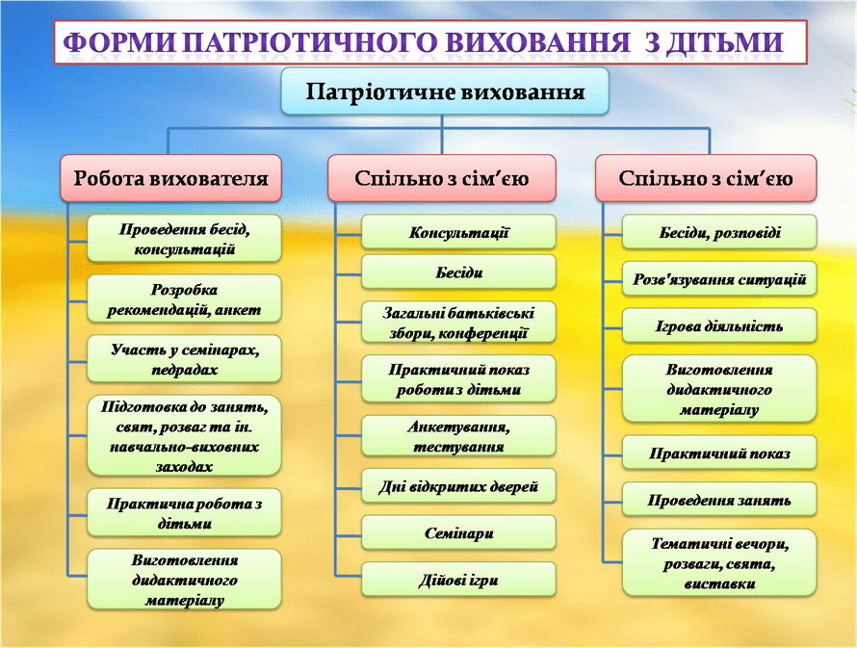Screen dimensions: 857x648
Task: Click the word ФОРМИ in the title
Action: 119,42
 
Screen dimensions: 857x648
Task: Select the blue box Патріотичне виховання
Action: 445,91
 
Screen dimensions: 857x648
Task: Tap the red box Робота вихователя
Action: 171,178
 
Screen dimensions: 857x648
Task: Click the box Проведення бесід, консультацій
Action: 184,239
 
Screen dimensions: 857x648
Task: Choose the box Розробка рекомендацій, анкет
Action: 184,298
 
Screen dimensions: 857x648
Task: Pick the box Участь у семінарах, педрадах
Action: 184,359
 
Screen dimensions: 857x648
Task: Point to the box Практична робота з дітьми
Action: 184,513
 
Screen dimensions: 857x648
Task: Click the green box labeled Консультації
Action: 458,232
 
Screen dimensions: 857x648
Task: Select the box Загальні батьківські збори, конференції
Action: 458,323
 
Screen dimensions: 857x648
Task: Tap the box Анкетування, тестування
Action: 458,436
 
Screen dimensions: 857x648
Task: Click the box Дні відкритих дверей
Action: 458,486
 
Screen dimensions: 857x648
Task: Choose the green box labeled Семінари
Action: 458,532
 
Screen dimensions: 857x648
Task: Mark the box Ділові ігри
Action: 458,580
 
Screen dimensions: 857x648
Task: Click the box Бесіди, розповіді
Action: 719,232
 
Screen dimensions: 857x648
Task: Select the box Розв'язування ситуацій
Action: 719,279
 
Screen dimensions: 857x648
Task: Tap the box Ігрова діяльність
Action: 719,326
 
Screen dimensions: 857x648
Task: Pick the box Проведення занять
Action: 719,500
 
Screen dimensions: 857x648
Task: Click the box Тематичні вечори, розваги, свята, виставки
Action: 719,562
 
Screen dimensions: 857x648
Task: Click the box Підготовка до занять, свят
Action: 184,436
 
